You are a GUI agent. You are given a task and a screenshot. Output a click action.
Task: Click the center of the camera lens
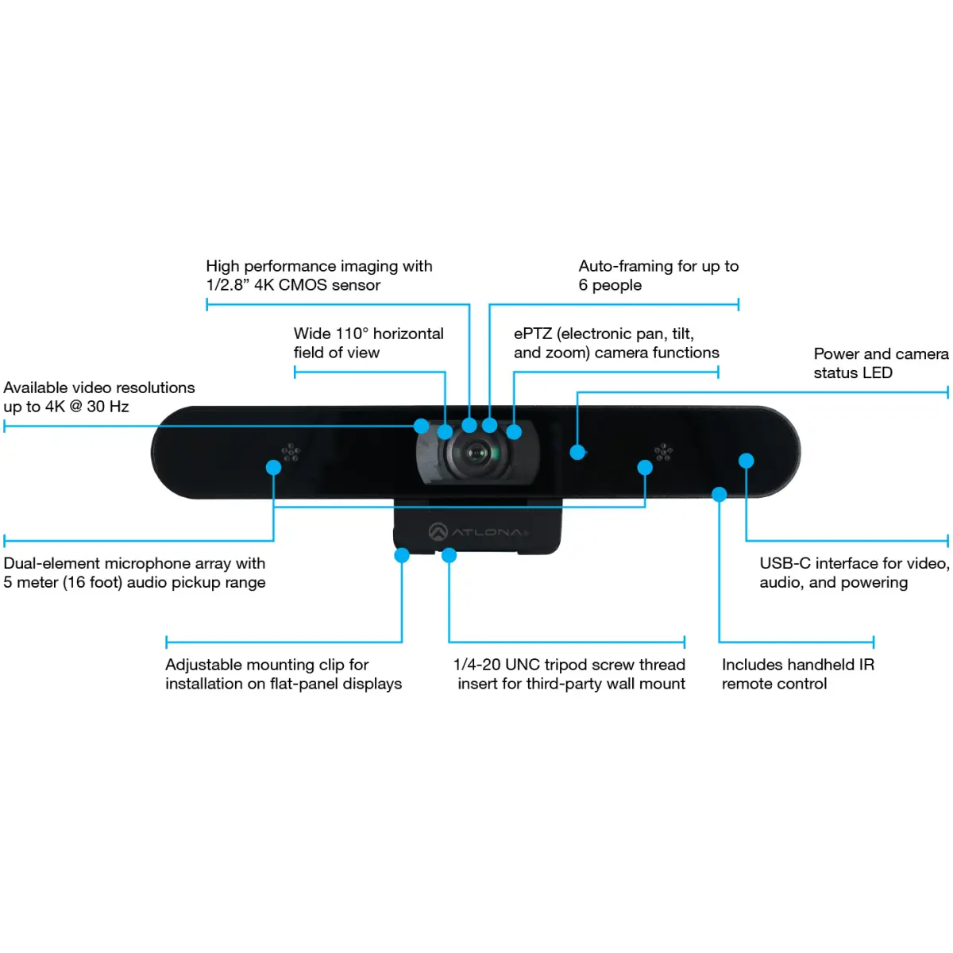coord(476,453)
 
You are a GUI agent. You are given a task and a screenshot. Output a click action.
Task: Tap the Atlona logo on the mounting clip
coord(478,531)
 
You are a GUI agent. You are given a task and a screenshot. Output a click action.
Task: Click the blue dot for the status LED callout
coord(577,452)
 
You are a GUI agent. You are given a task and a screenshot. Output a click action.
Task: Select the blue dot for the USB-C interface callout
coord(746,461)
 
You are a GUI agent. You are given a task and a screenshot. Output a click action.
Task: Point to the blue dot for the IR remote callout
coord(719,494)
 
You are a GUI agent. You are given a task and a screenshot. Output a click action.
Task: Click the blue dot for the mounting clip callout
coord(402,555)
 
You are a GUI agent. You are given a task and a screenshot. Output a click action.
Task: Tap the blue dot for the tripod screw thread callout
coord(449,555)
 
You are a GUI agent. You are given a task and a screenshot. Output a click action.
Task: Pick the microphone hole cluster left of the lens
coord(291,452)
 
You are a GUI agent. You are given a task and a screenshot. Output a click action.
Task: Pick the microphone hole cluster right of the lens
coord(663,452)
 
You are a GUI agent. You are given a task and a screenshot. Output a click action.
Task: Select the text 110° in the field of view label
coord(352,334)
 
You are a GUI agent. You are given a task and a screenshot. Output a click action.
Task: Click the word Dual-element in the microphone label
coord(52,563)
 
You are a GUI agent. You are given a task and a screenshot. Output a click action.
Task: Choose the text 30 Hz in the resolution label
coord(108,407)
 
